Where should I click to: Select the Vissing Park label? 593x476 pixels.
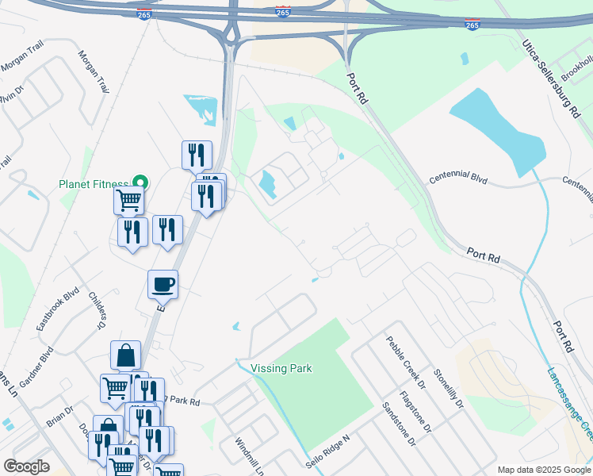coord(281,368)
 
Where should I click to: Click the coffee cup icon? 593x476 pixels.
coord(163,283)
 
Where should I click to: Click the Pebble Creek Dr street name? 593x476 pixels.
coord(406,358)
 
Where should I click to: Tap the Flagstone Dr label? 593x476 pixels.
coord(415,411)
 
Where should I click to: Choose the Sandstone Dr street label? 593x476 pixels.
coord(398,424)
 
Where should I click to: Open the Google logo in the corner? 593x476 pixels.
coord(26,466)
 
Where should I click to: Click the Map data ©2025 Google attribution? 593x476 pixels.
coord(544,470)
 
